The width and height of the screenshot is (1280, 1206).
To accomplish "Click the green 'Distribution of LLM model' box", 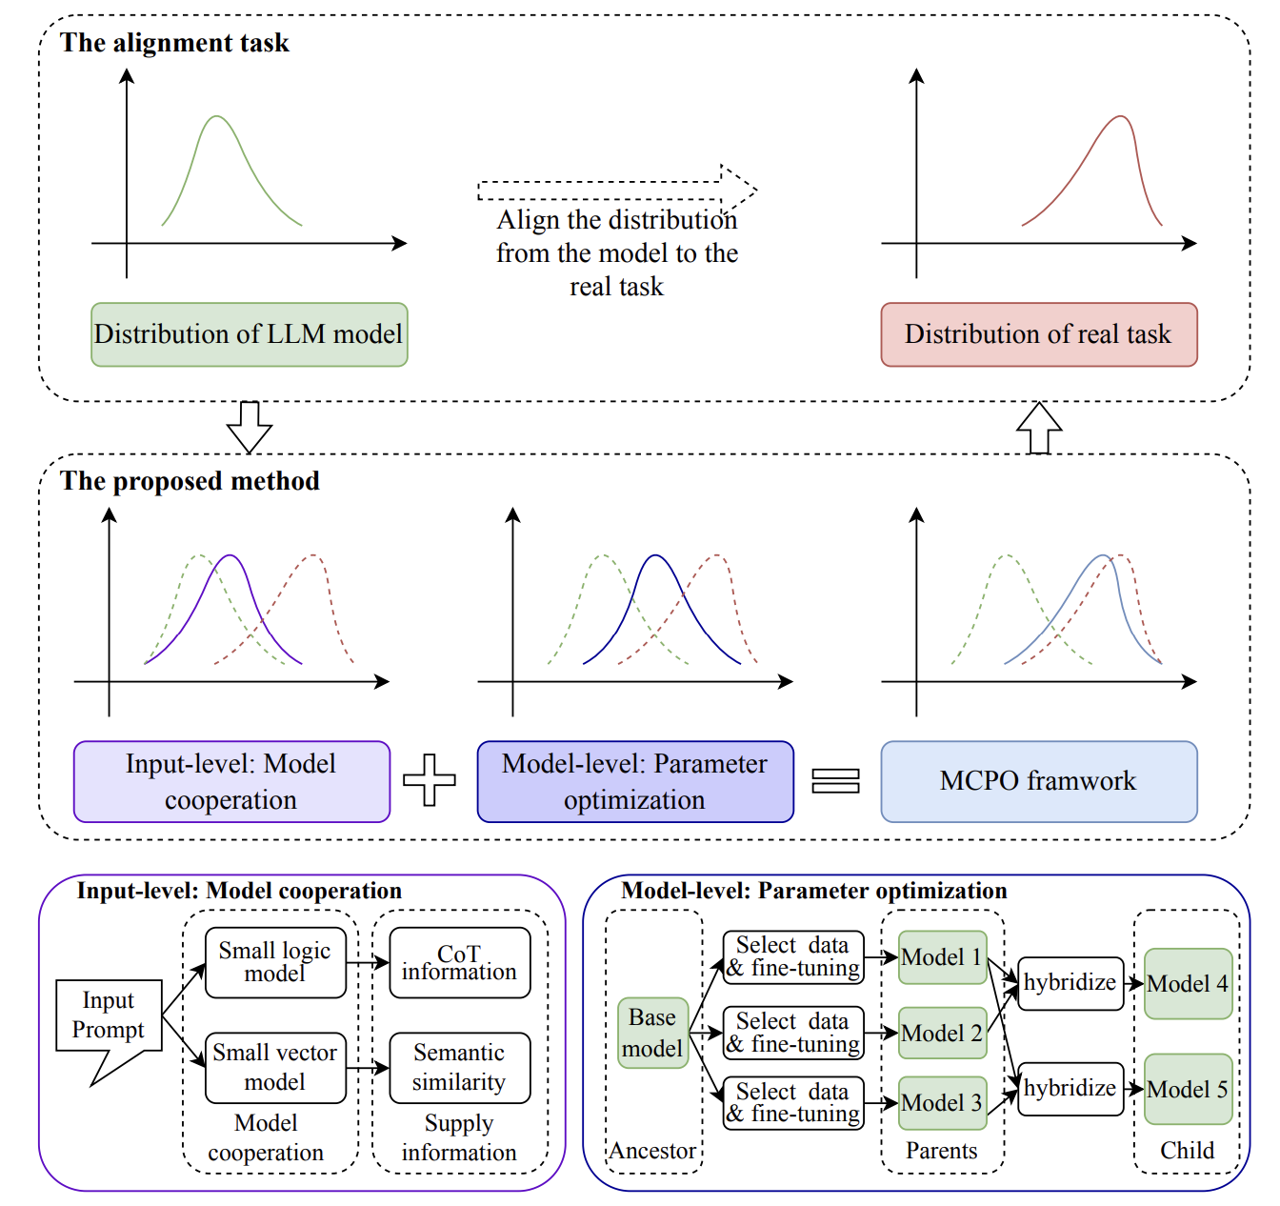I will (249, 334).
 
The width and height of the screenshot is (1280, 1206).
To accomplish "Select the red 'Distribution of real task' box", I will (1038, 334).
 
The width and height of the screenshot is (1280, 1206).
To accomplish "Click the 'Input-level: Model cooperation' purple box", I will (231, 781).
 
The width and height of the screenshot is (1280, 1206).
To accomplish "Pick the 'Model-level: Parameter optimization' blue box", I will (634, 781).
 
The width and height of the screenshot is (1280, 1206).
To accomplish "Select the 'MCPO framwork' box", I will (1038, 781).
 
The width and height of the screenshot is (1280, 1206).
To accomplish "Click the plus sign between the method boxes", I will (430, 779).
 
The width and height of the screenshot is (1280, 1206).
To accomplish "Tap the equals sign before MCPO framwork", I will (835, 781).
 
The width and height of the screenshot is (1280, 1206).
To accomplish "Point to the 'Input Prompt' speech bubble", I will (109, 1016).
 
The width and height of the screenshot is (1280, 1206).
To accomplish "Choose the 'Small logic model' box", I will (275, 962).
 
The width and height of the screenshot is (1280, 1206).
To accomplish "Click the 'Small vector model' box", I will (275, 1067).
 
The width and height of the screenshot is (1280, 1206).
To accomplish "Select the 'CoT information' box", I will (459, 962).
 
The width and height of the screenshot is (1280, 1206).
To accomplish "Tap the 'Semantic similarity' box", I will (459, 1067).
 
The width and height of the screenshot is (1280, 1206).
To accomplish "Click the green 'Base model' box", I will (652, 1033).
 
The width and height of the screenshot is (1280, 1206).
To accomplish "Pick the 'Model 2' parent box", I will (942, 1033).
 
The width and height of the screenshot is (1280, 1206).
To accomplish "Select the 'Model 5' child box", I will (1188, 1089).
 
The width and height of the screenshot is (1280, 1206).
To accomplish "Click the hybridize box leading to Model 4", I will (1070, 983).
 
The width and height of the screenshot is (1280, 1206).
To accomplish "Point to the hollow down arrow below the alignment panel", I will (250, 426).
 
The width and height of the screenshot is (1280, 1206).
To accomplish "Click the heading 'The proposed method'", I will (190, 481).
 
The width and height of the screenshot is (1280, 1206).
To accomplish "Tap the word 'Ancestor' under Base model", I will (652, 1151).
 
